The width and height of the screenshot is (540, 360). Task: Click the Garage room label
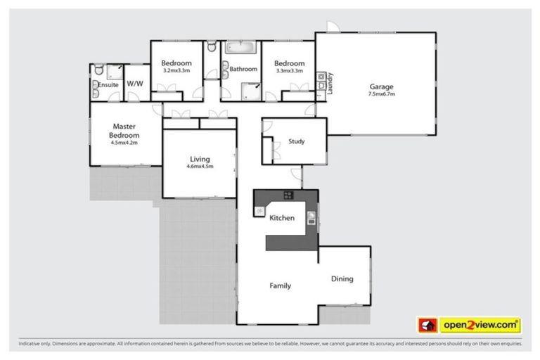382,87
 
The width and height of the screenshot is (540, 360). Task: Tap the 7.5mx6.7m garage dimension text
382,96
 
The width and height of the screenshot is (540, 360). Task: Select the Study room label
297,141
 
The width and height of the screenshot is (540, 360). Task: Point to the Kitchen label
282,219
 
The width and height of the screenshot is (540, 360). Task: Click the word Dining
342,279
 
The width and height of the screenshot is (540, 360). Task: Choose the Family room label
281,286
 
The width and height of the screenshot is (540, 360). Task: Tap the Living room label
200,159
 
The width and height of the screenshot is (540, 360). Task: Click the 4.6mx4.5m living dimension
200,167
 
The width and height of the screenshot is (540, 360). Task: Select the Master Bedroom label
125,131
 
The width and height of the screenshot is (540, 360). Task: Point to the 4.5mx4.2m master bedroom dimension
124,143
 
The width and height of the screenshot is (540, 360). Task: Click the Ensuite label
108,84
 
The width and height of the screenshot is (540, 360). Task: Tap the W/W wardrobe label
135,84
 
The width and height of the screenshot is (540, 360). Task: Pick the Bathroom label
243,70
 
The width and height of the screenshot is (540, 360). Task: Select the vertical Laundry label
329,83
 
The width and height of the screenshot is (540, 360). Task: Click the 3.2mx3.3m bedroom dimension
176,71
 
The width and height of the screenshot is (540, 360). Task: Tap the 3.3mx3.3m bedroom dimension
290,71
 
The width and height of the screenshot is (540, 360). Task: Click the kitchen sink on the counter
311,217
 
